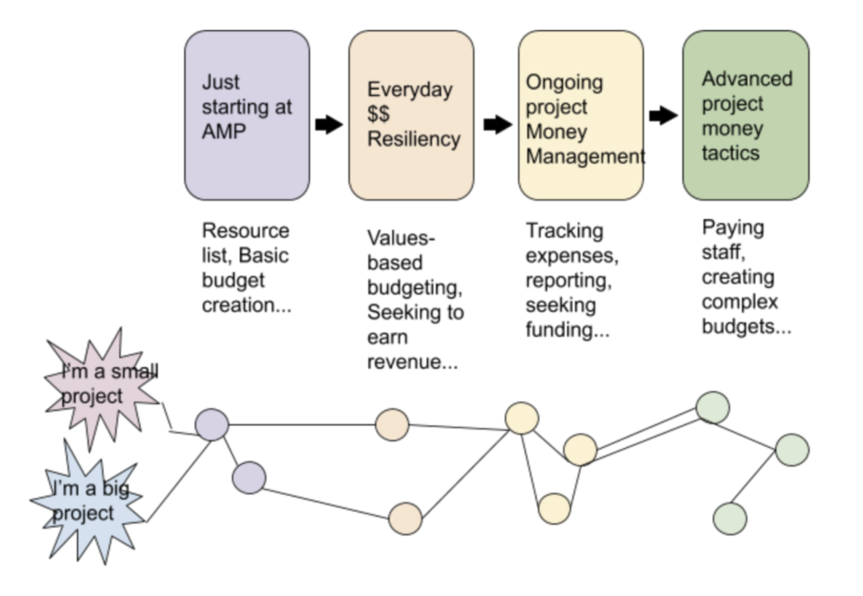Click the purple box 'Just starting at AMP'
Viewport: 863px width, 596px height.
(x=247, y=115)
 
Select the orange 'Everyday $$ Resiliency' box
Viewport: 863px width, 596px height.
(x=411, y=115)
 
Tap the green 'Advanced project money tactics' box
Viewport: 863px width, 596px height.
(x=746, y=115)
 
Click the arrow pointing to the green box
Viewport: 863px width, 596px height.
(x=663, y=116)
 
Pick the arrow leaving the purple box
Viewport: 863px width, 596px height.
(x=330, y=125)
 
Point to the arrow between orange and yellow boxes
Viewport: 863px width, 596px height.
(x=498, y=125)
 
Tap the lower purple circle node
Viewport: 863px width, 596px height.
(x=249, y=478)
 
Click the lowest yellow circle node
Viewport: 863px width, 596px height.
(x=555, y=508)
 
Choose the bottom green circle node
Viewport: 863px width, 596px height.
(x=730, y=518)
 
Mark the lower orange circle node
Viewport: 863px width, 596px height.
(x=405, y=519)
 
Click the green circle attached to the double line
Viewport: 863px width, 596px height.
(x=713, y=408)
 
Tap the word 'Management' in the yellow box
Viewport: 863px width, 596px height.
(x=586, y=157)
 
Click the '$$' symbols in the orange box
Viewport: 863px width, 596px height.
(x=378, y=114)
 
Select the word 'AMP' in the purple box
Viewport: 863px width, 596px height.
(x=224, y=131)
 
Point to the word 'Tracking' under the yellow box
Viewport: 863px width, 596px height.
(x=565, y=231)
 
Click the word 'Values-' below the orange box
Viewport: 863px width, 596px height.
(x=401, y=238)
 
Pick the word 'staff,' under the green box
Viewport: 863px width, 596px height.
(x=724, y=253)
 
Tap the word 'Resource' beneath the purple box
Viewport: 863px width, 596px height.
(x=245, y=231)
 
